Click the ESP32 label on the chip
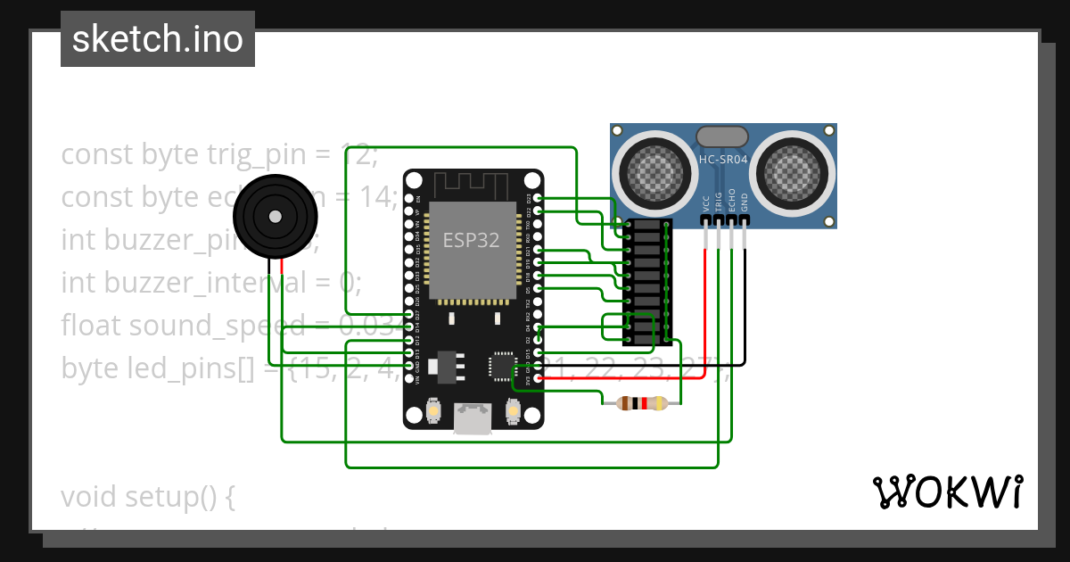point(471,239)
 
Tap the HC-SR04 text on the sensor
point(723,159)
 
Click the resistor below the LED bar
point(634,403)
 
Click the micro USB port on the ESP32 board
point(473,417)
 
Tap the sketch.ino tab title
point(158,39)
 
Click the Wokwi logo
point(946,492)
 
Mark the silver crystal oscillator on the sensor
point(722,136)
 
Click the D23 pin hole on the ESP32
point(537,198)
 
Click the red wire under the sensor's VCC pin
point(705,303)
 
